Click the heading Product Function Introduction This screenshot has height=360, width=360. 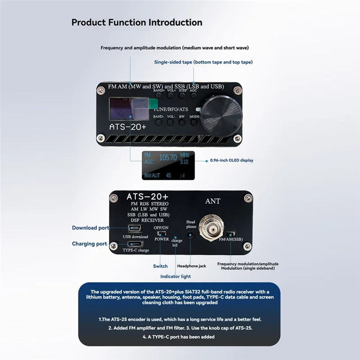[137, 22]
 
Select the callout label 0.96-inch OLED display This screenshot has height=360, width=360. [232, 160]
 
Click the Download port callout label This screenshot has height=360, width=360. [90, 228]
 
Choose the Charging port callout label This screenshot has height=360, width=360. [89, 244]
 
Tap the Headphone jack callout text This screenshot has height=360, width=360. [191, 266]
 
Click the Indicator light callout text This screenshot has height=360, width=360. [175, 276]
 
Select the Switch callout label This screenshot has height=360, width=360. [160, 266]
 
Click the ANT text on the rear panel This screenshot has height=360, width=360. [212, 201]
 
